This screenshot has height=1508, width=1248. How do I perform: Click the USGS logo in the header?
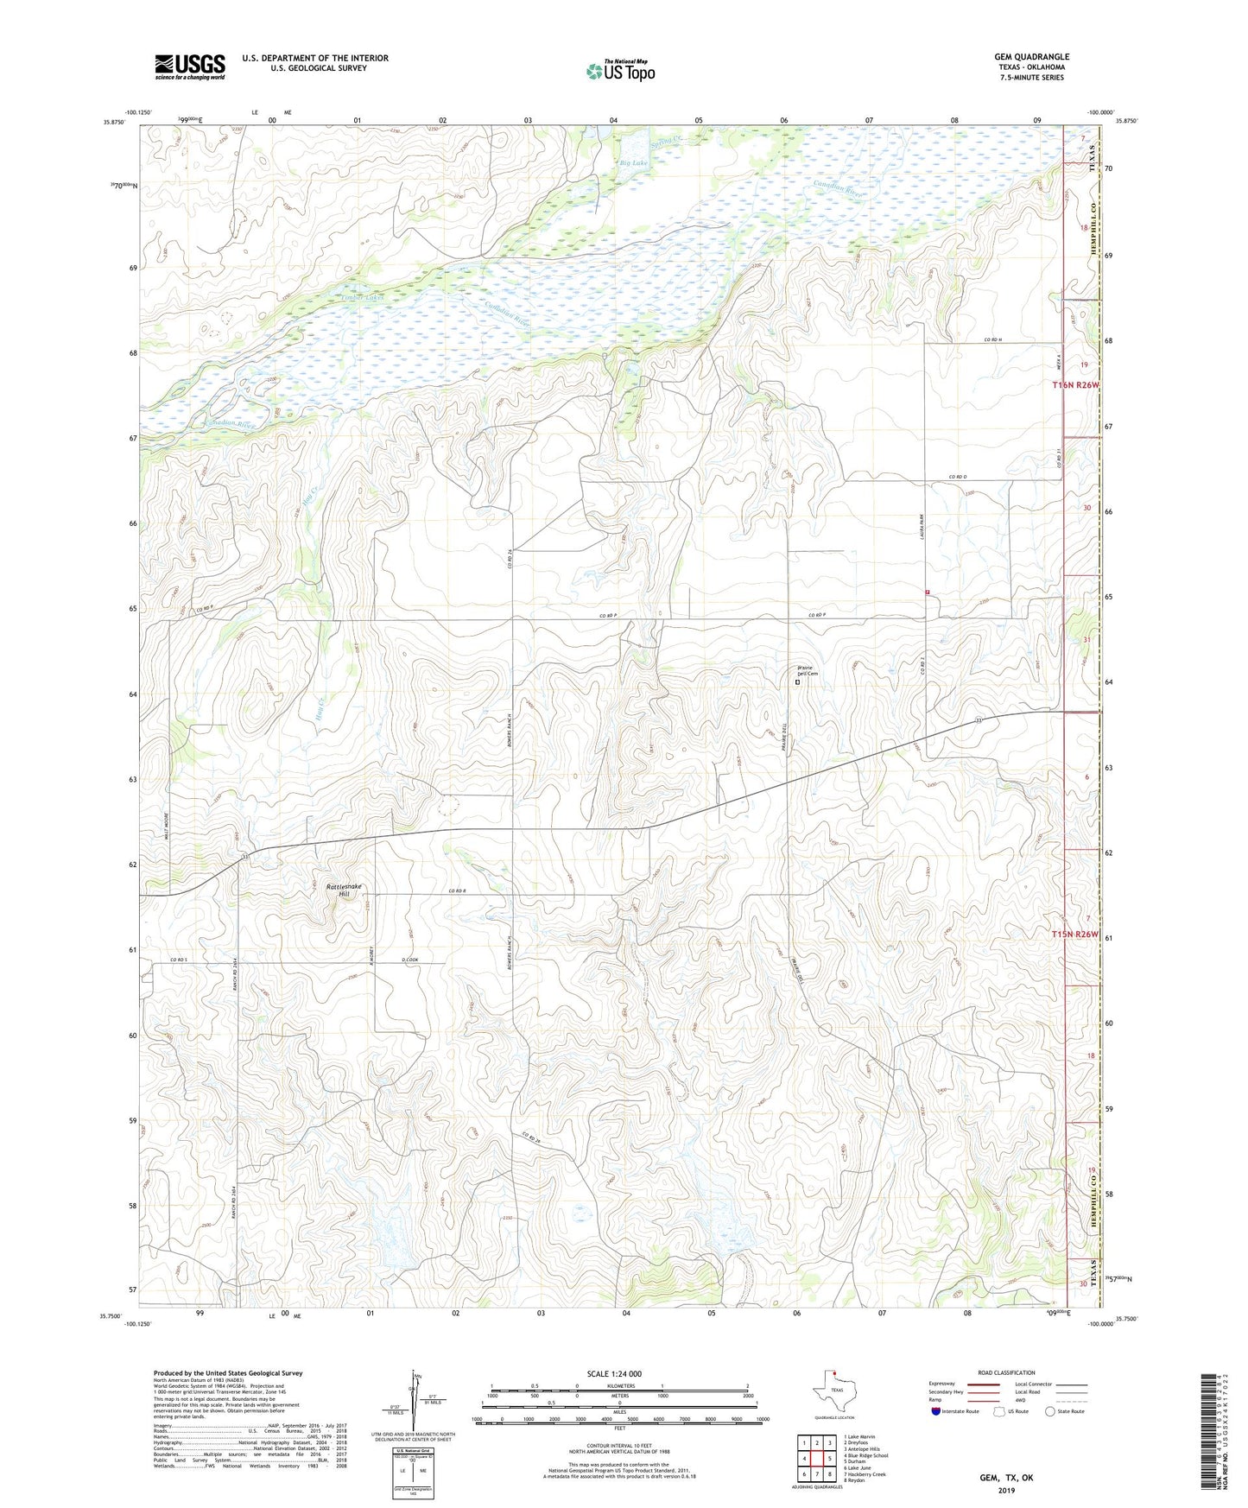tap(190, 67)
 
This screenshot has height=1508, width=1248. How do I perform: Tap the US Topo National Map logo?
tap(620, 70)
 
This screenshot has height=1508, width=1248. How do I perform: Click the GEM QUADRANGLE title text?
tap(1031, 57)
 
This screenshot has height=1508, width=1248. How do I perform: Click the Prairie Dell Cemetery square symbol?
tap(797, 682)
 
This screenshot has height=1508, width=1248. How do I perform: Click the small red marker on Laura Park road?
tap(928, 592)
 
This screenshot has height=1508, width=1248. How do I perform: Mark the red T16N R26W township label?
tap(1075, 384)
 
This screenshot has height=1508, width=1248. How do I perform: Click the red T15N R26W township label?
tap(1075, 934)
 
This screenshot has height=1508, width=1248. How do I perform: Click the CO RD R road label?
tap(457, 891)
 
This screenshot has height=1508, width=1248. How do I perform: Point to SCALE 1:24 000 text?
tap(614, 1373)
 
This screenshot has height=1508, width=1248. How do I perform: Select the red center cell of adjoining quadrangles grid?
tap(816, 1459)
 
